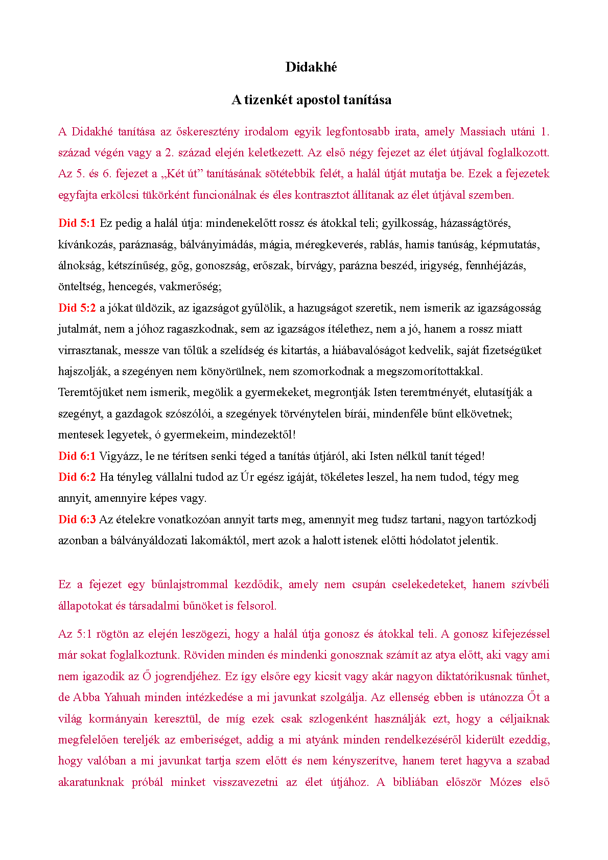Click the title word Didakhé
(311, 67)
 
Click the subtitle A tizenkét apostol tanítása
(311, 99)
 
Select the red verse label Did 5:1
(77, 223)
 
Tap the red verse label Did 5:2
(77, 308)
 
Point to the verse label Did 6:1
(77, 456)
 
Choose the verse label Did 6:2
(77, 477)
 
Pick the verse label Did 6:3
(77, 520)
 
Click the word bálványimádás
(217, 245)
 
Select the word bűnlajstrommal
(190, 585)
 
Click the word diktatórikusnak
(480, 677)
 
